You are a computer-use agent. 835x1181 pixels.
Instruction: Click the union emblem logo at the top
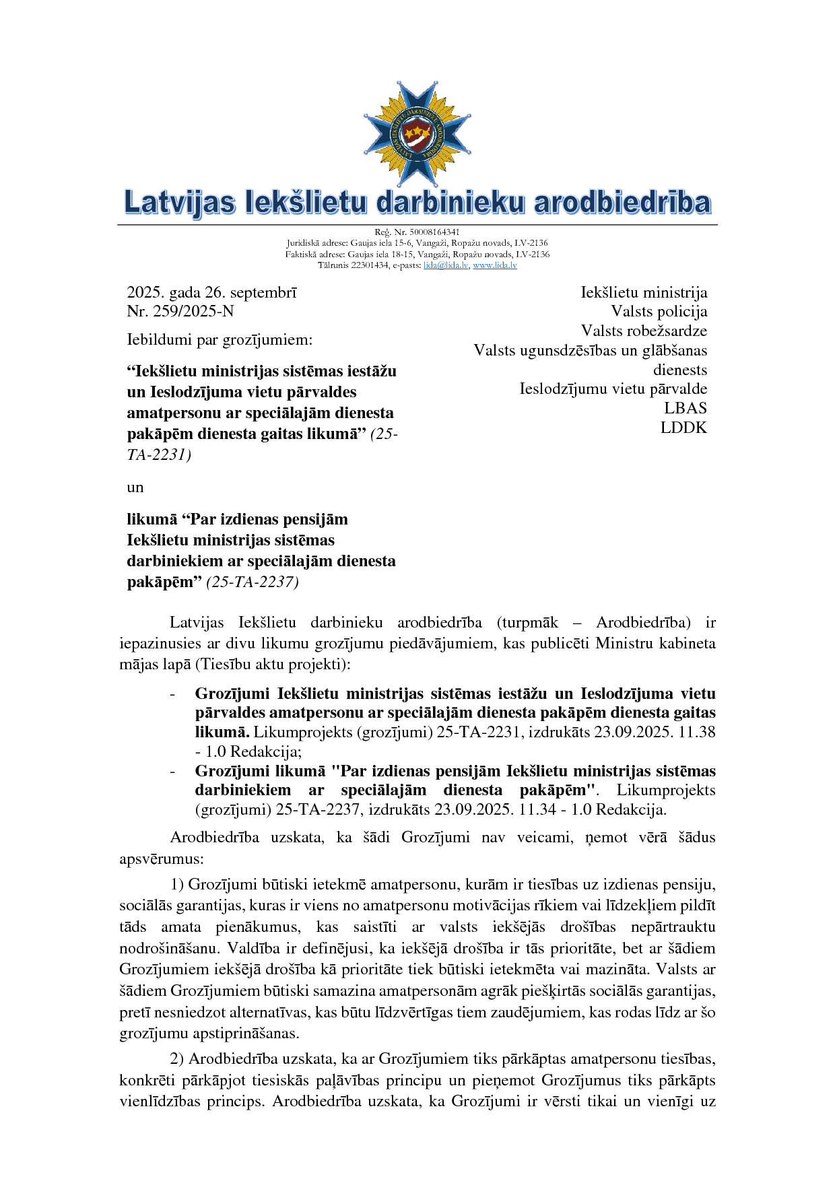(417, 133)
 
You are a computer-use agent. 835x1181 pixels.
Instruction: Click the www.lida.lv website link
(495, 265)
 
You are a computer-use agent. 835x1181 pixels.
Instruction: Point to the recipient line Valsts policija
(659, 311)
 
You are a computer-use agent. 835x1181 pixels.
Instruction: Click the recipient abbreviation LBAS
(686, 408)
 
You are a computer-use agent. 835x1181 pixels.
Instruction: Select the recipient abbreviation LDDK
(683, 428)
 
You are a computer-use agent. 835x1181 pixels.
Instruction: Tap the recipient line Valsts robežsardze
(644, 331)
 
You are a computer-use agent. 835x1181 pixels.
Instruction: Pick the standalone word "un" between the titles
(135, 487)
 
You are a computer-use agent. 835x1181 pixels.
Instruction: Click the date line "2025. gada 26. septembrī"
(211, 292)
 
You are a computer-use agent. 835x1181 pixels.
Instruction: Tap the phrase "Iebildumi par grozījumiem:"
(220, 339)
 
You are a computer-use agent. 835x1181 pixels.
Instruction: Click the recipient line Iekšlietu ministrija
(644, 292)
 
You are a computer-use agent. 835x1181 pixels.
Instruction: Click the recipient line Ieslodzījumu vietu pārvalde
(613, 389)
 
